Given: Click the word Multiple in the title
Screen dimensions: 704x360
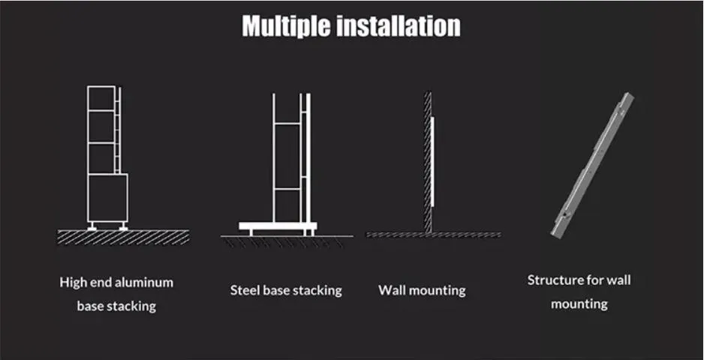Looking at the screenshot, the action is tap(287, 26).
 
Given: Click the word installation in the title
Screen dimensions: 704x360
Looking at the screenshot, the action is tap(399, 25).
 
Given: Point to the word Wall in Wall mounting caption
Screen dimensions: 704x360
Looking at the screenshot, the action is tap(390, 290).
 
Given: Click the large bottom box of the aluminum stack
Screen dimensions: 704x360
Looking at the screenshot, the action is tap(108, 197).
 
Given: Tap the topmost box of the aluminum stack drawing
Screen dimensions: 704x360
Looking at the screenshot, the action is tap(101, 97).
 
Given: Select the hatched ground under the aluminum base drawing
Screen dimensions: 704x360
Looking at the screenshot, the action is tap(123, 237).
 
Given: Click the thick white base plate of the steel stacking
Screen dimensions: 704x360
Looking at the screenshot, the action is tap(278, 226).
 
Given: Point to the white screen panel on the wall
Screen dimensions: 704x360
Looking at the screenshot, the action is tap(432, 162).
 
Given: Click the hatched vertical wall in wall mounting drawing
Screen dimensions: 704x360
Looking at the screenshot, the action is tap(428, 163).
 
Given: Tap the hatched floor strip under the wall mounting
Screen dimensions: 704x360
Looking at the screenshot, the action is tap(433, 234).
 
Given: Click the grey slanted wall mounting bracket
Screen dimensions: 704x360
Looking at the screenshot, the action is tap(592, 165).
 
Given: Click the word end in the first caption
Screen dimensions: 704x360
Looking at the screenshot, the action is tap(100, 282).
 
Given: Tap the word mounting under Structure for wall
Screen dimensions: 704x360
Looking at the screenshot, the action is tap(579, 304).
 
